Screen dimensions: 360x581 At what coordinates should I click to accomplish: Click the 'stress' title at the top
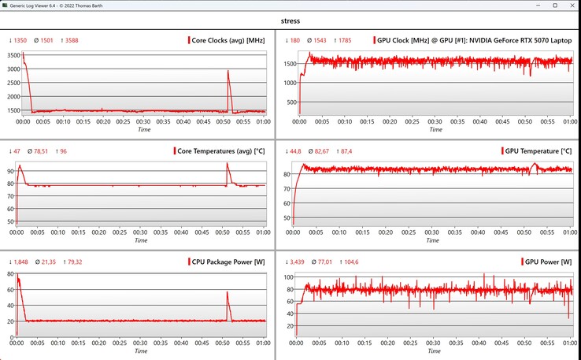point(290,21)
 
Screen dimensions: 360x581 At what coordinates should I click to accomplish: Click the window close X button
point(570,6)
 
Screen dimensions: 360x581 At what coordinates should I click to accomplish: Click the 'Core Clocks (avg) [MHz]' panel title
point(229,40)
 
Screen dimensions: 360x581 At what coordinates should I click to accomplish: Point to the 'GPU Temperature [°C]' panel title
point(539,150)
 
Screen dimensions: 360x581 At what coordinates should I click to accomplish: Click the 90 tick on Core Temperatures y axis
point(11,170)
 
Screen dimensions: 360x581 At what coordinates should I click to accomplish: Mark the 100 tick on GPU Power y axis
point(289,277)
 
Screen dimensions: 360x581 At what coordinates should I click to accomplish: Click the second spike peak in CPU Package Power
point(228,292)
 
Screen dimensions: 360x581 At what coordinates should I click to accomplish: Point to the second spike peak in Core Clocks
point(228,72)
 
